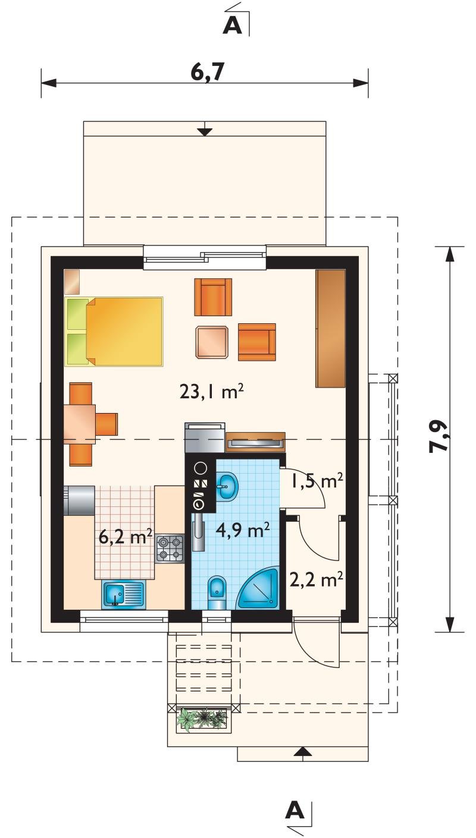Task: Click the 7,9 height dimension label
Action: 439,436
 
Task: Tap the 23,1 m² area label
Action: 212,392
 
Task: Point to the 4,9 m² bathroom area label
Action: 243,530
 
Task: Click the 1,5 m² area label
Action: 317,481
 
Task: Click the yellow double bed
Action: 114,331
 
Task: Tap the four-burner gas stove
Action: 170,549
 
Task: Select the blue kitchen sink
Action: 123,595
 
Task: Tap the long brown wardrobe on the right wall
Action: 330,329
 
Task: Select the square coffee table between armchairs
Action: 212,342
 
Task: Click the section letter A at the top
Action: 233,26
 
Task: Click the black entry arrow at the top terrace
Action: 205,131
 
